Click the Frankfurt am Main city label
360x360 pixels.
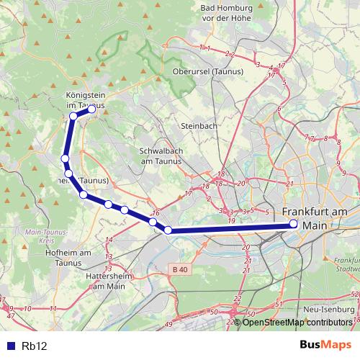click(x=315, y=218)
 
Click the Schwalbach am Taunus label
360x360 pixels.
click(x=161, y=157)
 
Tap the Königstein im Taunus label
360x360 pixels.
click(x=85, y=99)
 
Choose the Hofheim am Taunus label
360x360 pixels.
click(x=67, y=258)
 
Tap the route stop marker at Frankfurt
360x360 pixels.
click(x=293, y=225)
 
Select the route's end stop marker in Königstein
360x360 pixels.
click(x=91, y=109)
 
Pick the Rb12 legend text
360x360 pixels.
click(x=34, y=346)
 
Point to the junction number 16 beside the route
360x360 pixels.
click(x=156, y=213)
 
